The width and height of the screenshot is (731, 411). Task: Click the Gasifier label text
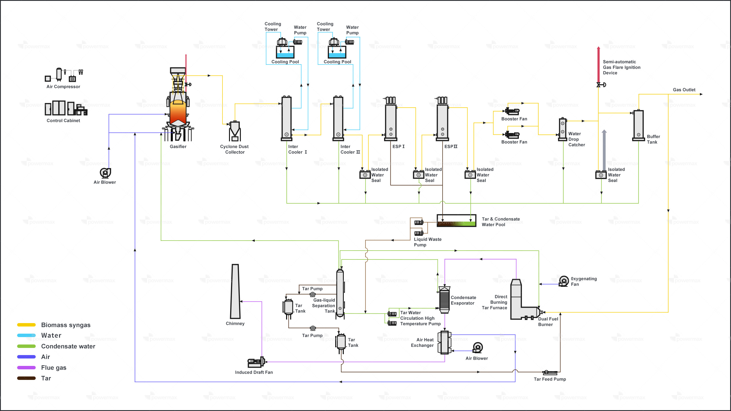(178, 146)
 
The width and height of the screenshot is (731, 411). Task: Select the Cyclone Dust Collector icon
(235, 131)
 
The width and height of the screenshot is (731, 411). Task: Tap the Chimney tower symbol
(235, 291)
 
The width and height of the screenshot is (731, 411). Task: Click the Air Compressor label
(63, 86)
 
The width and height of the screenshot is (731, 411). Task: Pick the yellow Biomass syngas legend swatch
(26, 325)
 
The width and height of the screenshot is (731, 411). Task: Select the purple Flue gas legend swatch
(26, 368)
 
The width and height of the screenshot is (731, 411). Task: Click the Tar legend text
(46, 378)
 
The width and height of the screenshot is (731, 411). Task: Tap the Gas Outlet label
(684, 90)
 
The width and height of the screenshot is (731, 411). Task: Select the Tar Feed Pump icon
(550, 372)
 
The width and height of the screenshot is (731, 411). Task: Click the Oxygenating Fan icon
(564, 281)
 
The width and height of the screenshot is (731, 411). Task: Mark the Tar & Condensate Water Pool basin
(456, 221)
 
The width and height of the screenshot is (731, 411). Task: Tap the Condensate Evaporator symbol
(444, 300)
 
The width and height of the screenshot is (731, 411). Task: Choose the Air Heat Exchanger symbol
(444, 342)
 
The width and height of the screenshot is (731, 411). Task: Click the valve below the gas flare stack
(600, 85)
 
